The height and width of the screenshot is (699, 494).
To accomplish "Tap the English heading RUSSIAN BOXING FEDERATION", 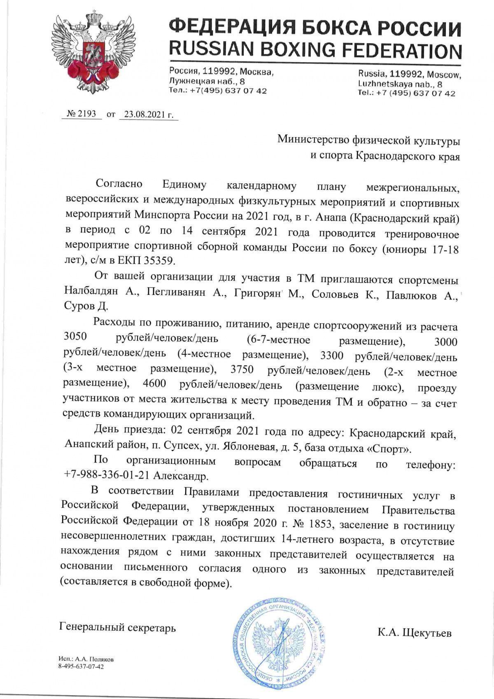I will click(315, 50).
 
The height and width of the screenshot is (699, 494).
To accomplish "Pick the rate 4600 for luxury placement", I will click(154, 384).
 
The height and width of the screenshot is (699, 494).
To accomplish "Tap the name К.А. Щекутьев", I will click(415, 633).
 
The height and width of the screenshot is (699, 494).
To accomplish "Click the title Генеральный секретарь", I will click(118, 628).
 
